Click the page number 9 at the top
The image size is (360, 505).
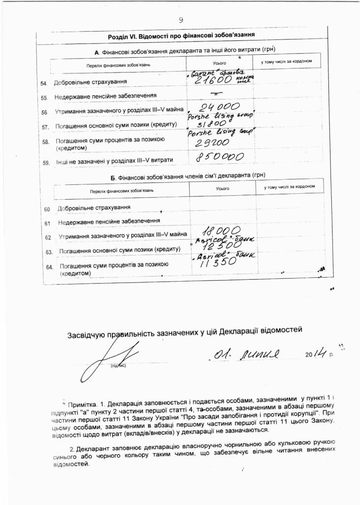pos(180,20)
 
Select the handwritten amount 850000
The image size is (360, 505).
pos(220,157)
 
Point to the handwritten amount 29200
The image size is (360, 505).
pos(213,142)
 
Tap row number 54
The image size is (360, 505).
pos(44,82)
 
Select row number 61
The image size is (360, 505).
pos(48,223)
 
